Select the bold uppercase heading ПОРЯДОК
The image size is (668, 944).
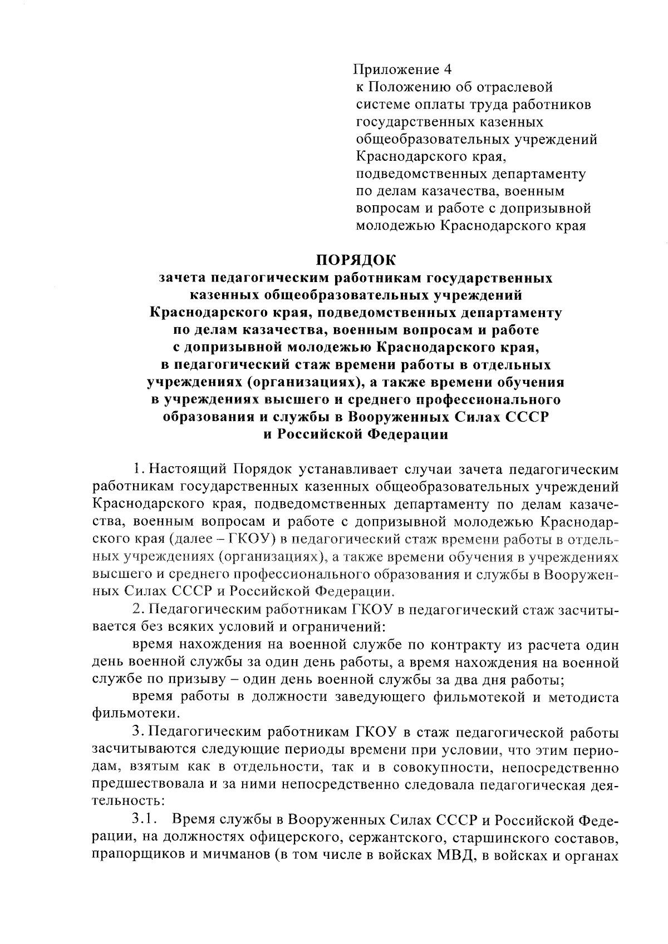[355, 260]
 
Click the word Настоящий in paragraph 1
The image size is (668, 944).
[187, 469]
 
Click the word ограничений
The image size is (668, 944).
[346, 626]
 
